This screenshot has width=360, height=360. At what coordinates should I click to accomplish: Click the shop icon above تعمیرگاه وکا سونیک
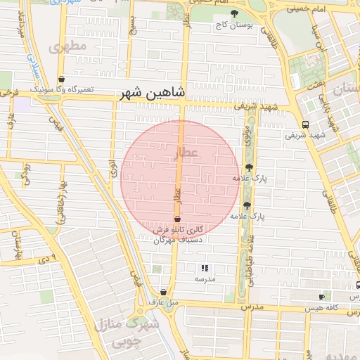pos(62,79)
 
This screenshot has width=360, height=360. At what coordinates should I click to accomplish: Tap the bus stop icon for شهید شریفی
pos(305,124)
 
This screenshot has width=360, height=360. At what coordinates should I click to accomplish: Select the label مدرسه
pos(205,279)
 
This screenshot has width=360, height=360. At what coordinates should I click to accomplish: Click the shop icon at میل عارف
pos(163,292)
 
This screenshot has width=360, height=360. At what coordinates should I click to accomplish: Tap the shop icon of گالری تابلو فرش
pos(177,219)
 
